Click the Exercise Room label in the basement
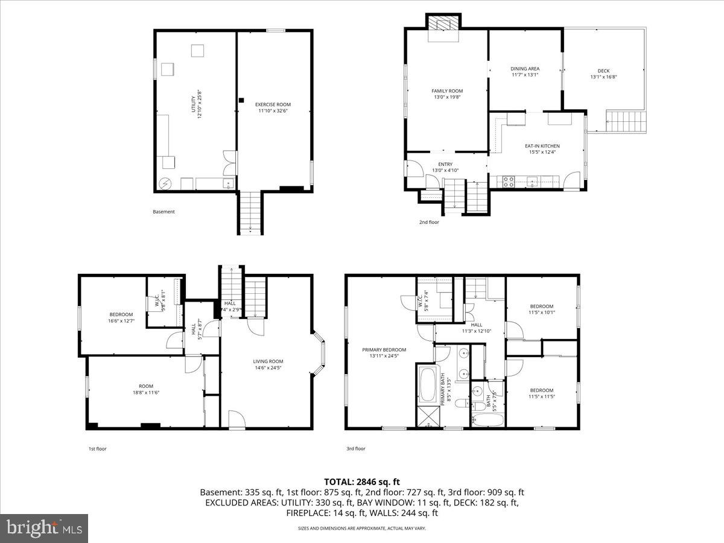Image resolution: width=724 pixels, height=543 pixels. pyautogui.click(x=273, y=107)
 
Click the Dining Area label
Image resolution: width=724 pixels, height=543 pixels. pyautogui.click(x=525, y=71)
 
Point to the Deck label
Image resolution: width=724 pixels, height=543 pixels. pyautogui.click(x=603, y=74)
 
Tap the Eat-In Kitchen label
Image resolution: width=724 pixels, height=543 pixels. pyautogui.click(x=542, y=149)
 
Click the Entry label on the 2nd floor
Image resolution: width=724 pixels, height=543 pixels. pyautogui.click(x=445, y=167)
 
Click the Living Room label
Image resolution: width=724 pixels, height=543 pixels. pyautogui.click(x=268, y=364)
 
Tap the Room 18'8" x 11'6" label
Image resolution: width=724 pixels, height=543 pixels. pyautogui.click(x=146, y=389)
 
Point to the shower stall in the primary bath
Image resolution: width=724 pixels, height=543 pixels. pyautogui.click(x=427, y=418)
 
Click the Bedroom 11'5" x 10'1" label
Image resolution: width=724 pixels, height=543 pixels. pyautogui.click(x=541, y=309)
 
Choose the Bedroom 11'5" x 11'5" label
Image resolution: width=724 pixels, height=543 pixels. pyautogui.click(x=541, y=393)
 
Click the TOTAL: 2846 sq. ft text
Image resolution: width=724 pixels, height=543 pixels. pyautogui.click(x=362, y=481)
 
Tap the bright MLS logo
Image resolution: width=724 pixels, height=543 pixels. pyautogui.click(x=44, y=529)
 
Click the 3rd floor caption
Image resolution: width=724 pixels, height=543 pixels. pyautogui.click(x=355, y=448)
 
